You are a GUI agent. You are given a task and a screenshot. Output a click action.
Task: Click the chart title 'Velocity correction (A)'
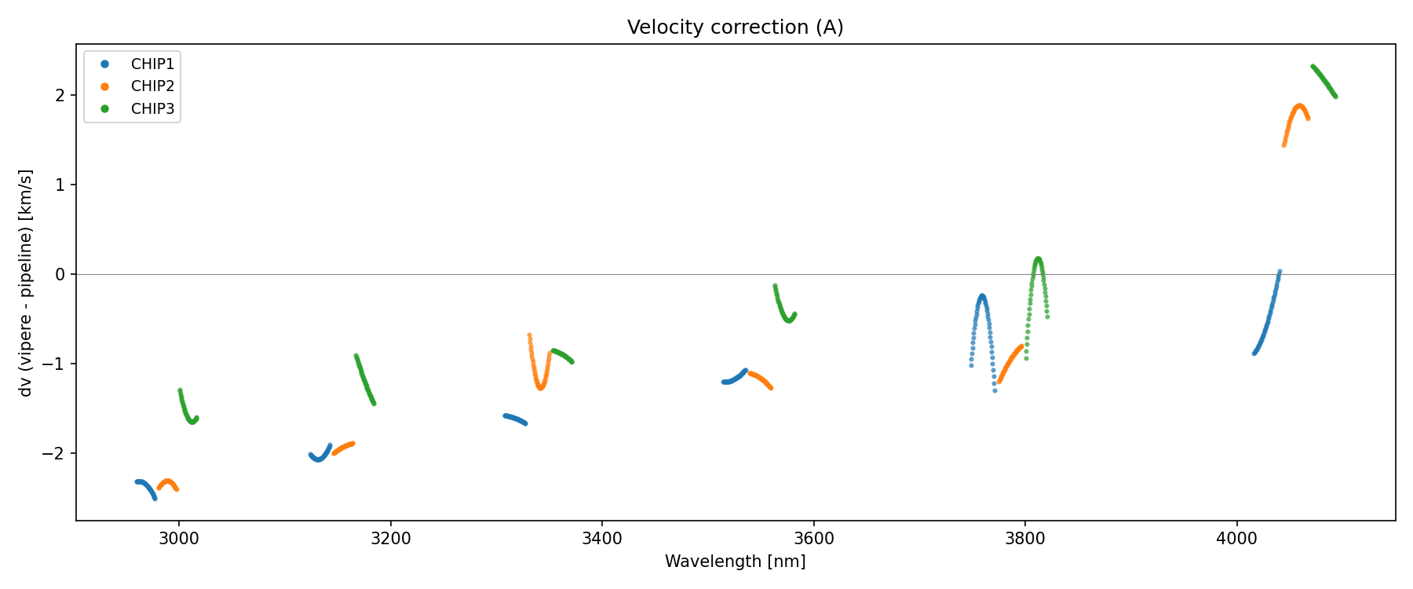tap(735, 27)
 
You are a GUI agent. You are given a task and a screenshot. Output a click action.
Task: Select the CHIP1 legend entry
tap(152, 64)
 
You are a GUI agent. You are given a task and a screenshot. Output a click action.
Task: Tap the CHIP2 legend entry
tap(152, 86)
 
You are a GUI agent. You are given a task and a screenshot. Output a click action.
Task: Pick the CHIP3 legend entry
tap(152, 109)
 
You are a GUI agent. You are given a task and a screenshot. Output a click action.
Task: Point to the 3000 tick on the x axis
tap(179, 538)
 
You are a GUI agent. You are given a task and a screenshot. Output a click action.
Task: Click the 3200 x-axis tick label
tap(390, 538)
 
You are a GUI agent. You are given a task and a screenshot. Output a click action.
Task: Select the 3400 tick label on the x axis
tap(602, 538)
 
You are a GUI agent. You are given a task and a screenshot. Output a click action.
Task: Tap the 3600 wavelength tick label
tap(813, 538)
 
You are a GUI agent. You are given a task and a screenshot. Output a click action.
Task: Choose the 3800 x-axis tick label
tap(1025, 538)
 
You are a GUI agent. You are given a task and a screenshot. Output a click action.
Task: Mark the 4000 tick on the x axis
tap(1236, 538)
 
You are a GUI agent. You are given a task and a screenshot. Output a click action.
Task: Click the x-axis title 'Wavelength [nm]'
tap(735, 562)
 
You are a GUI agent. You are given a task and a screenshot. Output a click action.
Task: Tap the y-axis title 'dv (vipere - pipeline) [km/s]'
tap(26, 283)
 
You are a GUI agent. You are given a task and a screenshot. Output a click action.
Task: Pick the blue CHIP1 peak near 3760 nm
tap(982, 297)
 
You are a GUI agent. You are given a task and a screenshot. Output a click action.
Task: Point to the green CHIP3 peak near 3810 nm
tap(1038, 259)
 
